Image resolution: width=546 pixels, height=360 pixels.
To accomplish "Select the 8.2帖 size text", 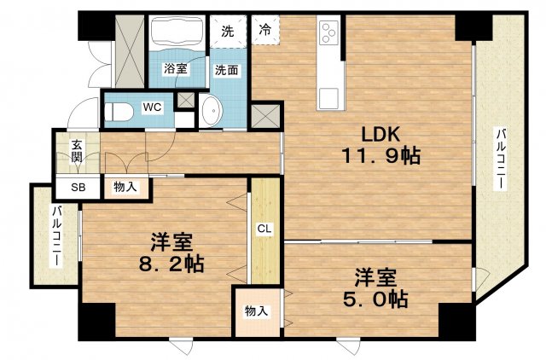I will pos(171,264).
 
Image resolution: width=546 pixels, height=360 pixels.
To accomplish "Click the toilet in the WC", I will pos(119,110).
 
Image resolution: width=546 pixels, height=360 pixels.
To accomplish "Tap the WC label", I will pos(152,107).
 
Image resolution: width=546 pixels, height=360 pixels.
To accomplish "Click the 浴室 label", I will pos(176,69).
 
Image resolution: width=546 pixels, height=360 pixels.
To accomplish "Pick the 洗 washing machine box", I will pos(227,31).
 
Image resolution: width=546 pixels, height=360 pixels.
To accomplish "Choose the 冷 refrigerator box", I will pos(265,30).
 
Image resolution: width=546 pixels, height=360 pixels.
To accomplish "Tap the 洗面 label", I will pos(226,69).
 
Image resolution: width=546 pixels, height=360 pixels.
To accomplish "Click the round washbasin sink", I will pos(211,111).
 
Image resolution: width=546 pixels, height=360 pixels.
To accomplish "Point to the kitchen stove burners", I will pos(329,33).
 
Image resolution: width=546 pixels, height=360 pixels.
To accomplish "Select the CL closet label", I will pos(265,228).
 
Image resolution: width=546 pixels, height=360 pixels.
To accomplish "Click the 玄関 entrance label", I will pos(77,151).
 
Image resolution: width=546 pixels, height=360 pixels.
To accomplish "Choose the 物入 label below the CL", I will pos(256,311).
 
